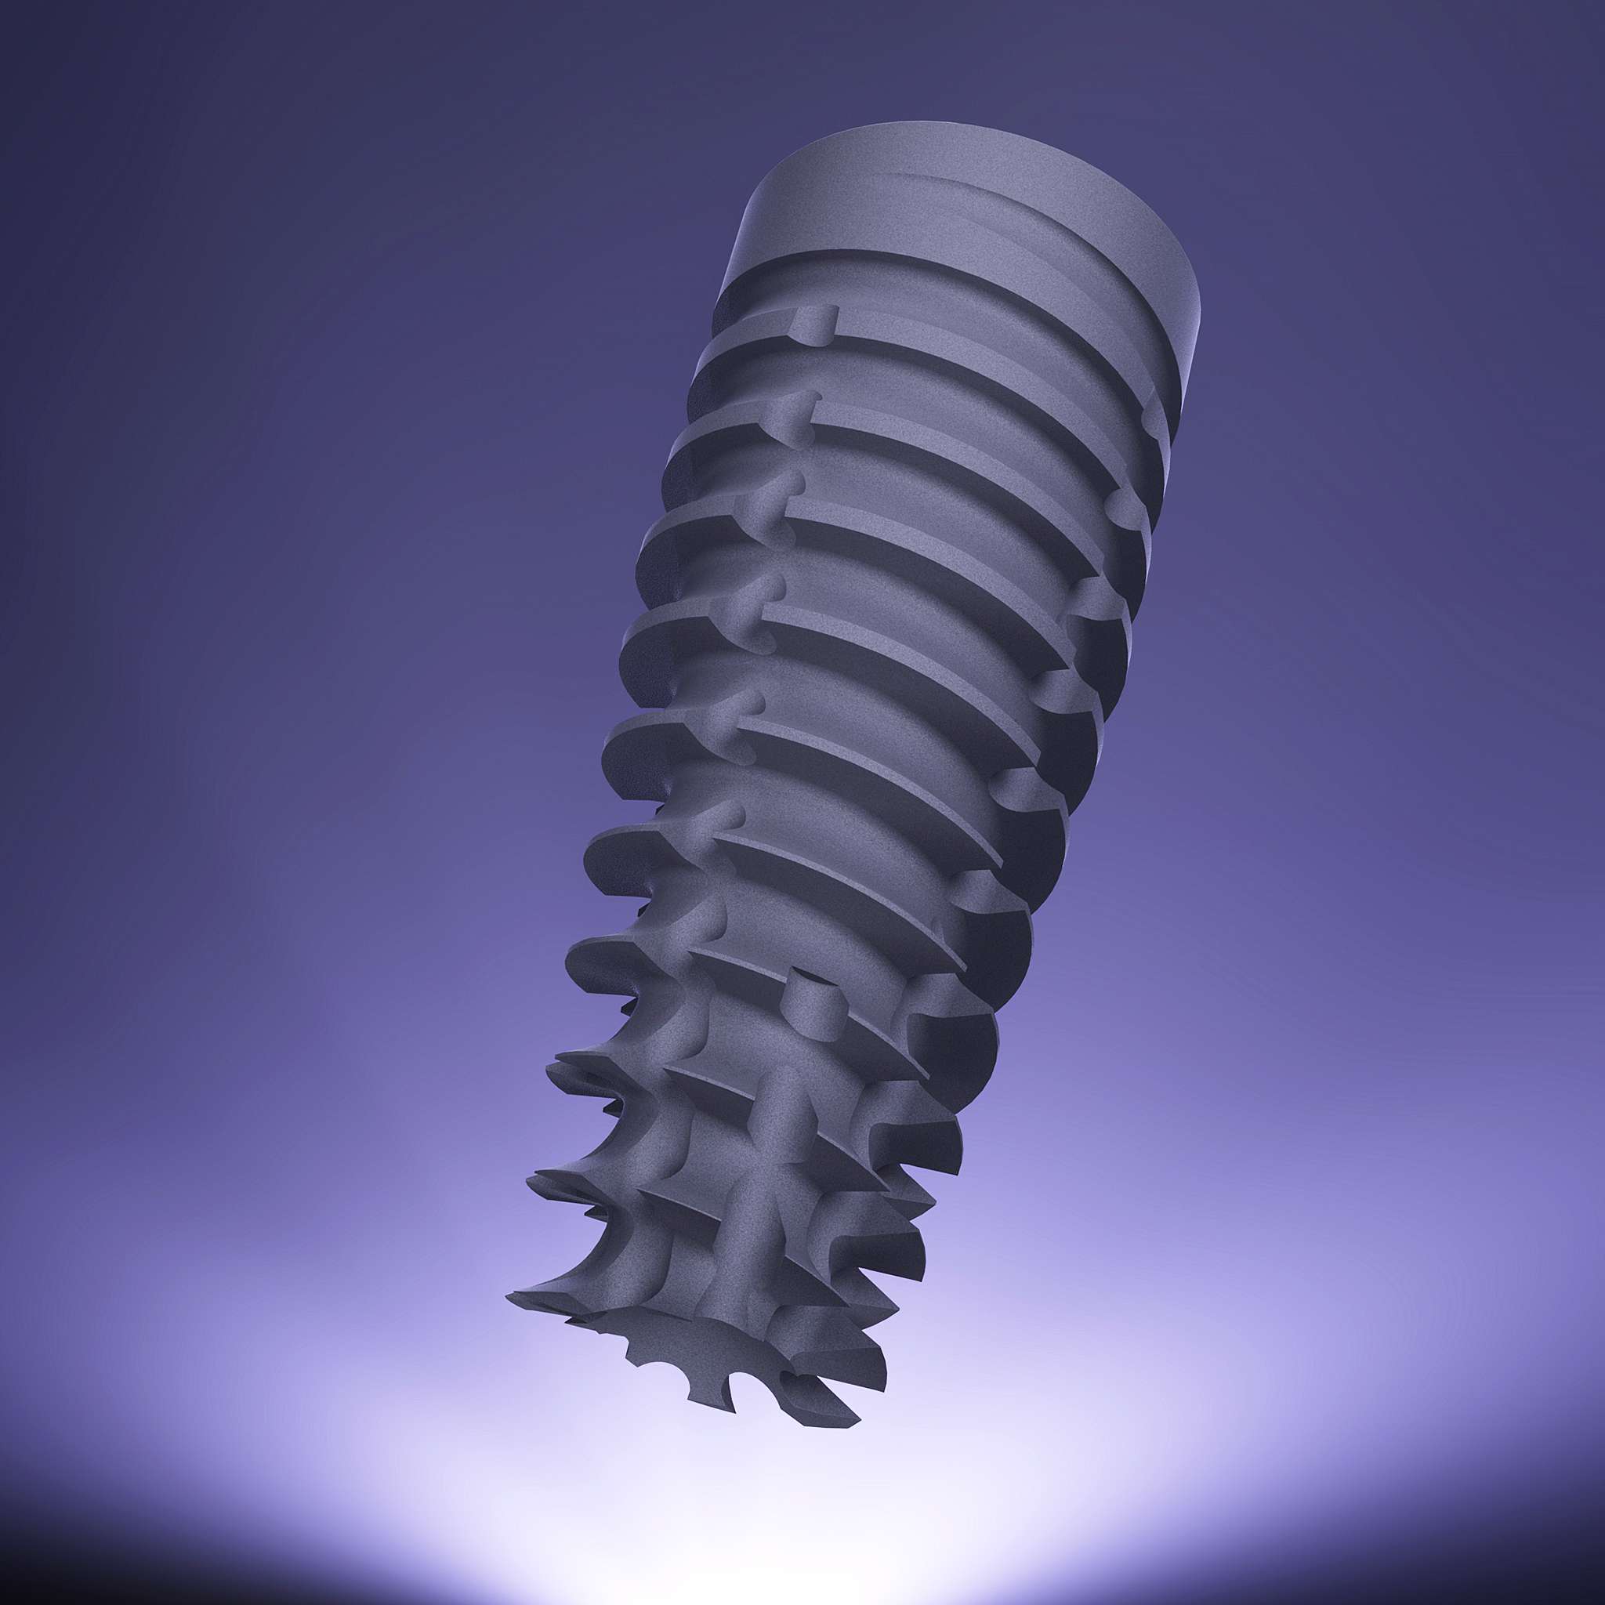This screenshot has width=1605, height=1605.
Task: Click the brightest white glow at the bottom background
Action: click(798, 1537)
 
